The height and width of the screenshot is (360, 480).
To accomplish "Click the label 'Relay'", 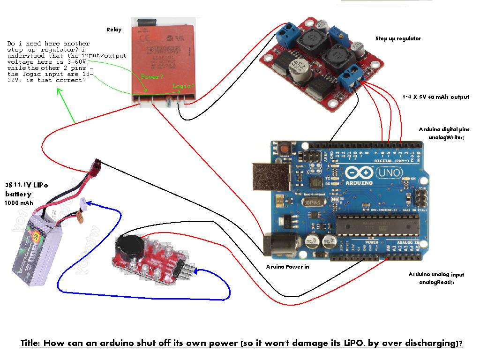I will (113, 30).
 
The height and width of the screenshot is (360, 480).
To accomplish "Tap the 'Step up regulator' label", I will (398, 38).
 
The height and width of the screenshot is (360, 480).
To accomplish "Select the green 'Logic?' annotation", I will (183, 86).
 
